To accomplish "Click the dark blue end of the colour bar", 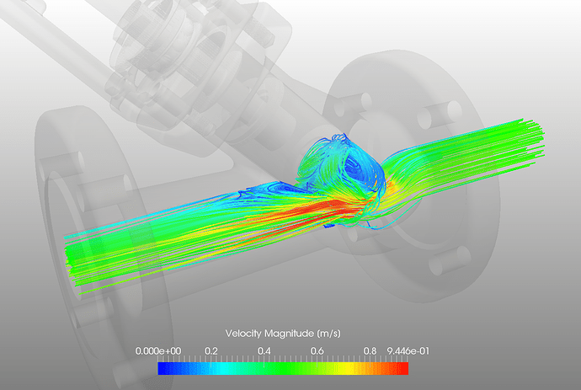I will coord(163,368).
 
